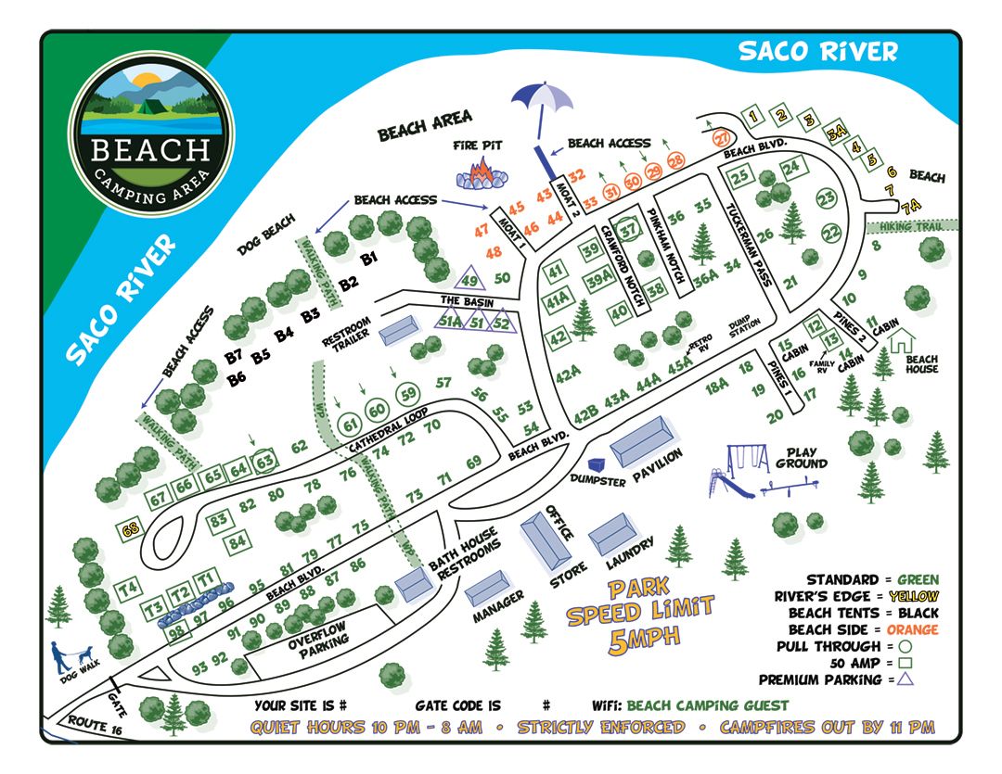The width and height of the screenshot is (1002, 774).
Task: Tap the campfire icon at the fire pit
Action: click(x=481, y=172)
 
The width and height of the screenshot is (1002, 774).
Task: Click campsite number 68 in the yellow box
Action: click(x=131, y=530)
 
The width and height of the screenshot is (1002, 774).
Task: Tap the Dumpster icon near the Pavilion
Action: click(x=596, y=461)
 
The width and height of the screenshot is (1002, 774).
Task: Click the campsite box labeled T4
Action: click(x=128, y=588)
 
